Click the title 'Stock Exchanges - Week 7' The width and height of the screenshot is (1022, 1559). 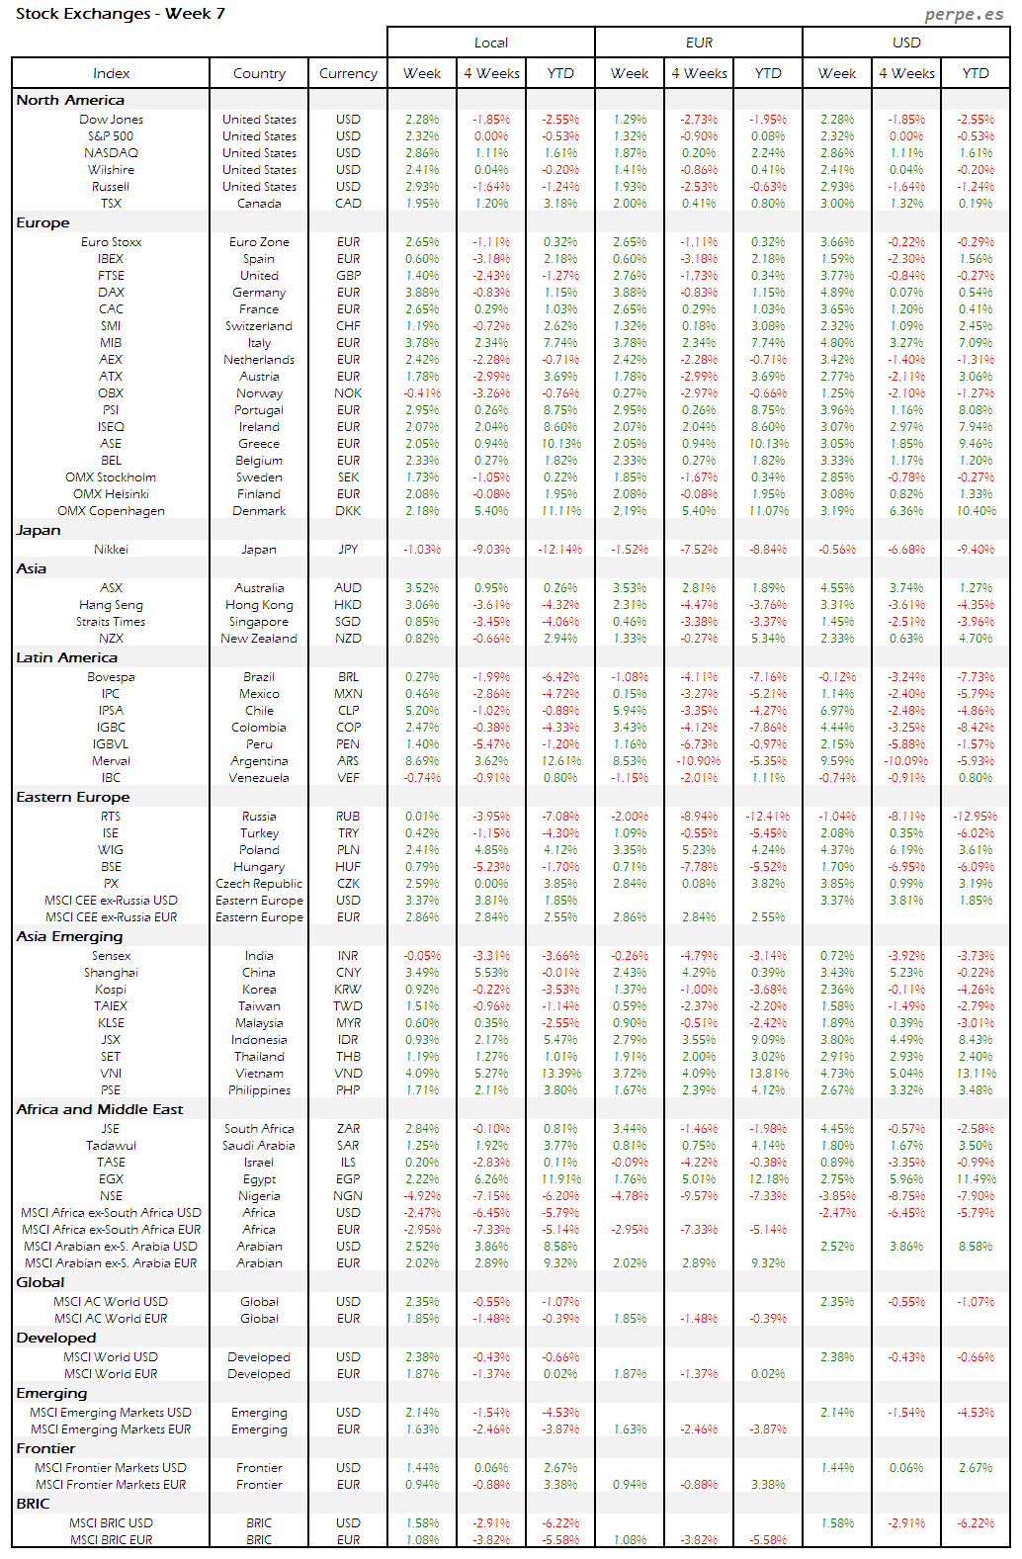tap(121, 14)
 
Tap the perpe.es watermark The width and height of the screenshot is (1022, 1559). tap(964, 15)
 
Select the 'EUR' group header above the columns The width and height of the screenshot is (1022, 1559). tap(699, 43)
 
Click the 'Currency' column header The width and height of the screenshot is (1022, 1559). tap(348, 73)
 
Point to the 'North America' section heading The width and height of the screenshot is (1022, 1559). tap(70, 100)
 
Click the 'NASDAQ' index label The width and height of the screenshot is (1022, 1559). tap(111, 153)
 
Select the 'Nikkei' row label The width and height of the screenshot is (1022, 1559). tap(111, 550)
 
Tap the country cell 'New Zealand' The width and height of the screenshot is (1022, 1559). tap(259, 639)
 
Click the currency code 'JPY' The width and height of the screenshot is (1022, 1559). tap(348, 550)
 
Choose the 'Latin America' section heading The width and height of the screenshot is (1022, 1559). tap(66, 657)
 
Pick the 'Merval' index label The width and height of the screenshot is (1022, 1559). tap(111, 761)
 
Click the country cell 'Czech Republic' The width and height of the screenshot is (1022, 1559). tap(259, 884)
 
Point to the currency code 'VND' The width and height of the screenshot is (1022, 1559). tap(348, 1074)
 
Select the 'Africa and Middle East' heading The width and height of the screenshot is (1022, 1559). tap(100, 1109)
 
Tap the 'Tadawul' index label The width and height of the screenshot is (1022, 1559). tap(111, 1146)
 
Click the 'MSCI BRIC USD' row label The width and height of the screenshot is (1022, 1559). tap(111, 1523)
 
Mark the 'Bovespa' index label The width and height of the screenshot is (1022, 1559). tap(111, 677)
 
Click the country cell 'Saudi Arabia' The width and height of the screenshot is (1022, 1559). tap(259, 1146)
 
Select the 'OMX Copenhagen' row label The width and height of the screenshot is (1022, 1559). tap(111, 511)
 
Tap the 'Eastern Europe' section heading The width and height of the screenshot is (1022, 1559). tap(73, 797)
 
